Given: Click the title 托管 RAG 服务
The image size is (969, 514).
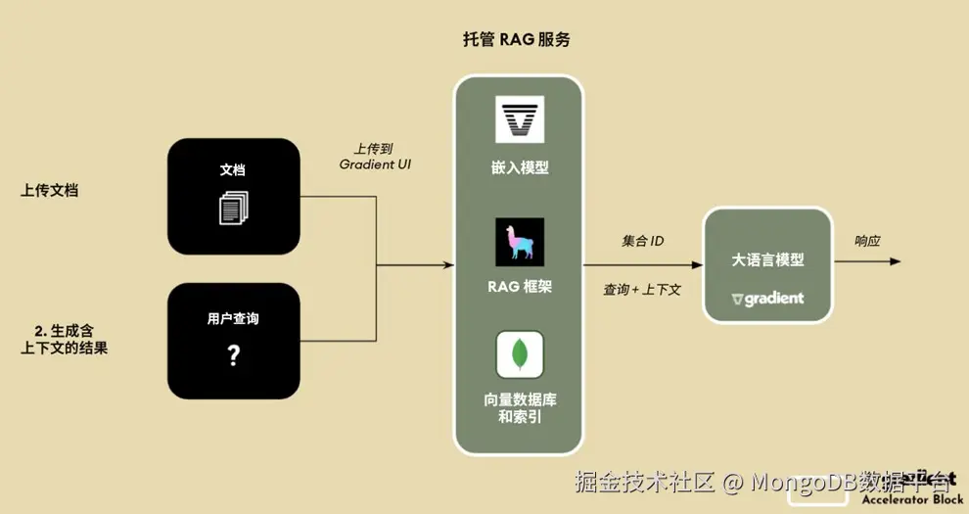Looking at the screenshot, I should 516,40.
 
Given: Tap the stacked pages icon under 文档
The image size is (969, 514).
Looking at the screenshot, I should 233,207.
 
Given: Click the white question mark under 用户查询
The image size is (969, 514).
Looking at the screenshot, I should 233,354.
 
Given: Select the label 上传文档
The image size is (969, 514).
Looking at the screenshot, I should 49,191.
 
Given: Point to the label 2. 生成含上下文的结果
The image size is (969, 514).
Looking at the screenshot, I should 64,339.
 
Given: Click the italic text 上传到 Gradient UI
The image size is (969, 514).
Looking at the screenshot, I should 376,157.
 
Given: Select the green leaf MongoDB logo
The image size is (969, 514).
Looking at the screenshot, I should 520,355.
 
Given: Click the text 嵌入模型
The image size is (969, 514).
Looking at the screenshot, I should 520,167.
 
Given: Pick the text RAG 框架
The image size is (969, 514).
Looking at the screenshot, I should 520,287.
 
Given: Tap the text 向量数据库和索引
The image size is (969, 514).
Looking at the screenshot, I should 520,409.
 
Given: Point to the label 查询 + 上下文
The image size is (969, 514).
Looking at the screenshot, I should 642,291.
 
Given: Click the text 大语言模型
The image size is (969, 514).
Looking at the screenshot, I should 768,260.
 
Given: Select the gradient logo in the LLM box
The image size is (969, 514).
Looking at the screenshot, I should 768,298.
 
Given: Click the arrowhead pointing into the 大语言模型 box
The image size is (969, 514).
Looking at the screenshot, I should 697,264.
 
